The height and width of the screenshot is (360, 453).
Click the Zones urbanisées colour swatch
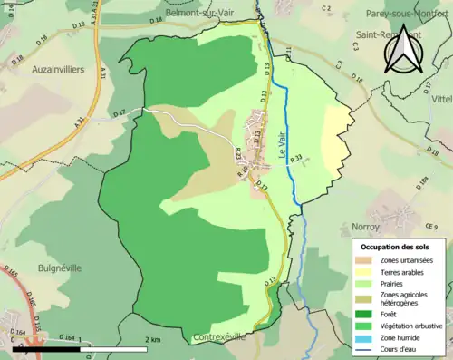[363, 260]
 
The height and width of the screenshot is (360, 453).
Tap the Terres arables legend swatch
[363, 272]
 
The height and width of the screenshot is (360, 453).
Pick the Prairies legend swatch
[363, 284]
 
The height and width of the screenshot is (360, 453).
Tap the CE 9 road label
[430, 226]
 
